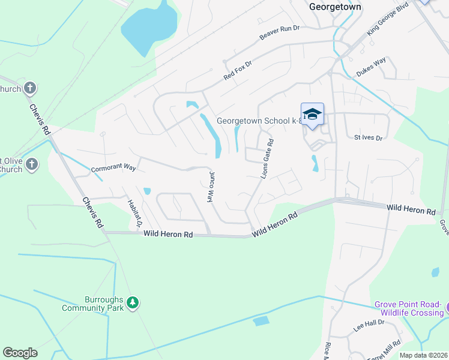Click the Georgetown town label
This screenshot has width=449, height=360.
[x=335, y=7]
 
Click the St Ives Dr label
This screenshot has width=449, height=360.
[x=368, y=138]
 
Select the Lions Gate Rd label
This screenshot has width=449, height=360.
[x=267, y=159]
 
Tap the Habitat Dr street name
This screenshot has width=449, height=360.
[x=133, y=214]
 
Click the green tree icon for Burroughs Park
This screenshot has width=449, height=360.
[x=133, y=304]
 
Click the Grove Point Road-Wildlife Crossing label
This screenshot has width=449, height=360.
[x=408, y=308]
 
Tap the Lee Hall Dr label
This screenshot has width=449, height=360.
[x=369, y=327]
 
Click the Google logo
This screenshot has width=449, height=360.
[x=20, y=353]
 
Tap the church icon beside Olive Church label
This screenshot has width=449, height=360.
[x=32, y=164]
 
